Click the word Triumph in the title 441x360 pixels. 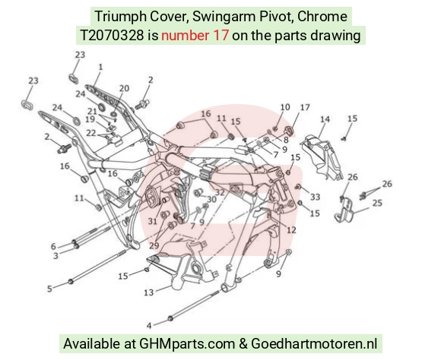pyautogui.click(x=120, y=17)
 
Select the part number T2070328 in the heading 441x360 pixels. pyautogui.click(x=113, y=36)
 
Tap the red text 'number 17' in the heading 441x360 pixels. pyautogui.click(x=195, y=36)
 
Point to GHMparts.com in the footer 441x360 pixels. pyautogui.click(x=187, y=344)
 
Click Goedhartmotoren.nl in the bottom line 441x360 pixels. pyautogui.click(x=313, y=344)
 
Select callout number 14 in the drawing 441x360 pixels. pyautogui.click(x=325, y=119)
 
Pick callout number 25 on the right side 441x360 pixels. pyautogui.click(x=377, y=203)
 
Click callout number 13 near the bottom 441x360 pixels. pyautogui.click(x=149, y=292)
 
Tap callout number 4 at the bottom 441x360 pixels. pyautogui.click(x=149, y=326)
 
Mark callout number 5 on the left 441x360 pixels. pyautogui.click(x=49, y=289)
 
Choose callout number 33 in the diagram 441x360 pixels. pyautogui.click(x=316, y=197)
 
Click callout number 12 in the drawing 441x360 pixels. pyautogui.click(x=291, y=230)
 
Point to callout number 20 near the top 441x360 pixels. pyautogui.click(x=124, y=89)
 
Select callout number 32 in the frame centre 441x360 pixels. pyautogui.click(x=220, y=192)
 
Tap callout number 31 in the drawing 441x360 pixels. pyautogui.click(x=152, y=222)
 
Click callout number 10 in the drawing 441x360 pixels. pyautogui.click(x=285, y=107)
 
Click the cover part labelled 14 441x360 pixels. pyautogui.click(x=322, y=156)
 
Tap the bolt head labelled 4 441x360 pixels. pyautogui.click(x=170, y=319)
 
